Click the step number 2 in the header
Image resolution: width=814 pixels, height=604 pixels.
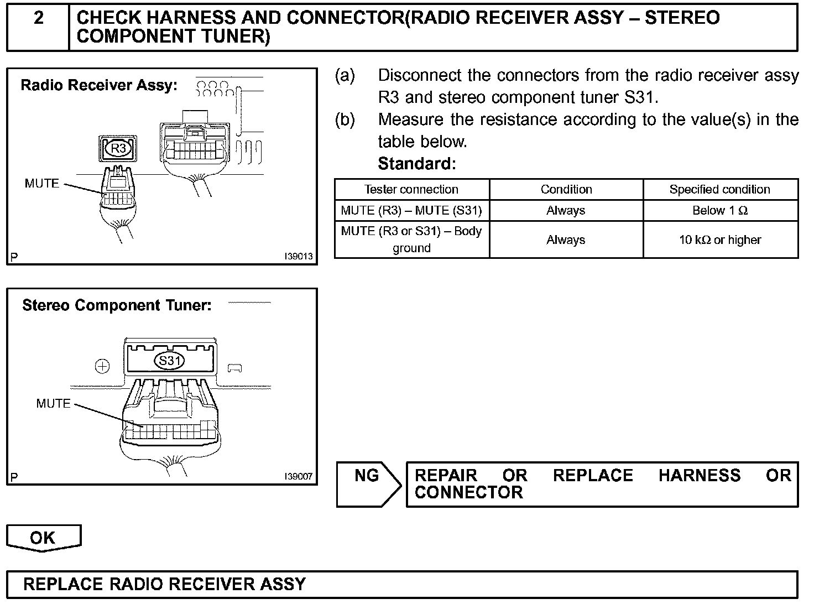tap(38, 18)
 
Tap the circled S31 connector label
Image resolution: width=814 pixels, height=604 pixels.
tap(169, 361)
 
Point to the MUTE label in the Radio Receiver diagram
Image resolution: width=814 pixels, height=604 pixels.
tap(42, 184)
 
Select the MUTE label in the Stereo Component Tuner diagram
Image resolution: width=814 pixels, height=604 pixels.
tap(54, 404)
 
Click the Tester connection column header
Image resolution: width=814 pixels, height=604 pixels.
tap(411, 190)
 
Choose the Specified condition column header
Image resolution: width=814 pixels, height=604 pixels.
tap(719, 190)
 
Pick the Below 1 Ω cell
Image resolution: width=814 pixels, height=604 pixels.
tap(719, 211)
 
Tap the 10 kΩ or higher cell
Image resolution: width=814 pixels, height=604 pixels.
tap(719, 240)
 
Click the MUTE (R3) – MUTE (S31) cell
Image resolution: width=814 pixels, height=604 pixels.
tap(411, 211)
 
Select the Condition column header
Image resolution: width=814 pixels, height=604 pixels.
tap(566, 190)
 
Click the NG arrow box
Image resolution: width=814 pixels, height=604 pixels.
tap(368, 483)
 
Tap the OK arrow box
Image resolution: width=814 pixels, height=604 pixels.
tap(43, 538)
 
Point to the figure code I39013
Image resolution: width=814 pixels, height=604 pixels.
tap(299, 257)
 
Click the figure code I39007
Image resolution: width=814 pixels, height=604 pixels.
tap(299, 476)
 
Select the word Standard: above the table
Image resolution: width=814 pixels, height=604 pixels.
tap(416, 164)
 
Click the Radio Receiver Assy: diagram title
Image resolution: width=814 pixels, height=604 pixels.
tap(99, 85)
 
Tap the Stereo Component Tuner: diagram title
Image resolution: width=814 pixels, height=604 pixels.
tap(117, 305)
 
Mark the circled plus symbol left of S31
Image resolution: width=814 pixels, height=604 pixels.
tap(103, 366)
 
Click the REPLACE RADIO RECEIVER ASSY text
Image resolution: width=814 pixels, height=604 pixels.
tap(164, 584)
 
